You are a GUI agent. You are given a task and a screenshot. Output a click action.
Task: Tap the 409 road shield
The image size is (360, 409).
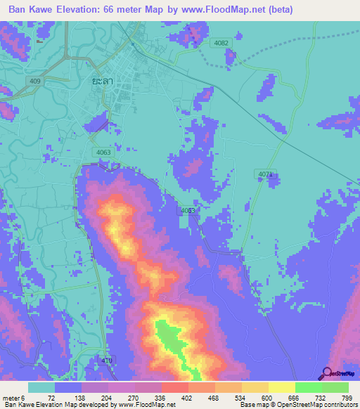coord(34,82)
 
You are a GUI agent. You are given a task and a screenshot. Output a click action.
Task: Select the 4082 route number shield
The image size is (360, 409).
coord(222,44)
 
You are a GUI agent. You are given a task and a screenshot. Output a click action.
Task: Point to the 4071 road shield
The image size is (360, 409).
coord(265,174)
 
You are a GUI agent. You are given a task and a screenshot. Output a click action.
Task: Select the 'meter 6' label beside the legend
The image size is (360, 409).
coord(14,398)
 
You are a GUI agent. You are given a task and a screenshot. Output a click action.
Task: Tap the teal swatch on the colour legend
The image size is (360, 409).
coord(41,387)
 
